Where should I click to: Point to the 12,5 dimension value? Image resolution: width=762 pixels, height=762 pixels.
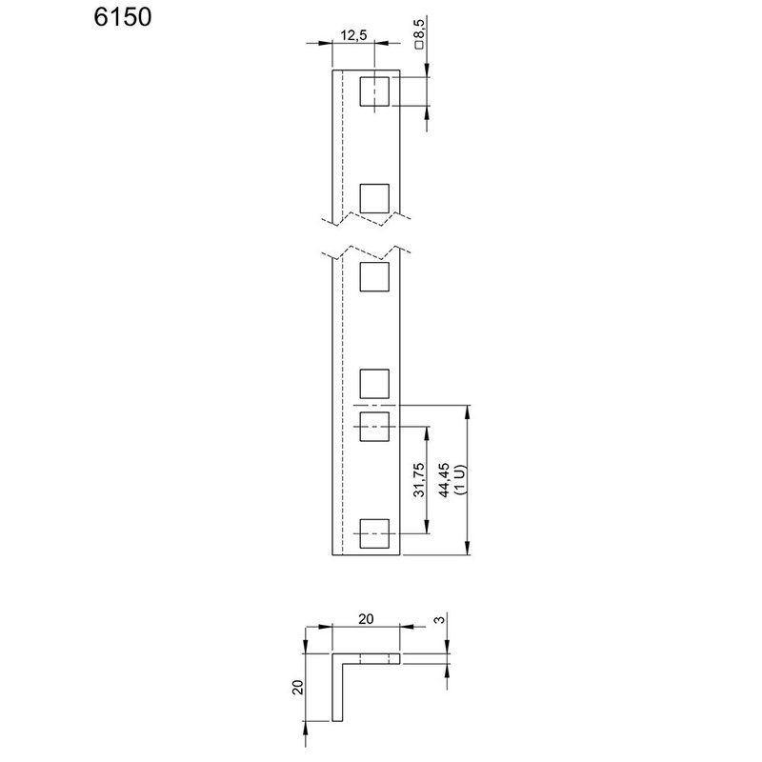(353, 36)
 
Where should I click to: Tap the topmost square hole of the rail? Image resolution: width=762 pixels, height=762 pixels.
(374, 91)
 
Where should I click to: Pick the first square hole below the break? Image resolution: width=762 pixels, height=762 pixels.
(374, 276)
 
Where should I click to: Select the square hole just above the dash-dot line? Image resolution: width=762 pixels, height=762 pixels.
(374, 383)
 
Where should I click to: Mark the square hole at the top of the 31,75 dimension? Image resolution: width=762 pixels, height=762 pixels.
(374, 428)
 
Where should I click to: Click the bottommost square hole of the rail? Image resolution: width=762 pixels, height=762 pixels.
(374, 534)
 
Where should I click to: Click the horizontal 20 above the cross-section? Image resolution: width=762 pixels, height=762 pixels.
(367, 618)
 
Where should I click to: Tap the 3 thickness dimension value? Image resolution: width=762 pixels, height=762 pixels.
(437, 621)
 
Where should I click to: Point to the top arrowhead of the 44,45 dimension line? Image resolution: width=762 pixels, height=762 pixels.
(468, 412)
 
